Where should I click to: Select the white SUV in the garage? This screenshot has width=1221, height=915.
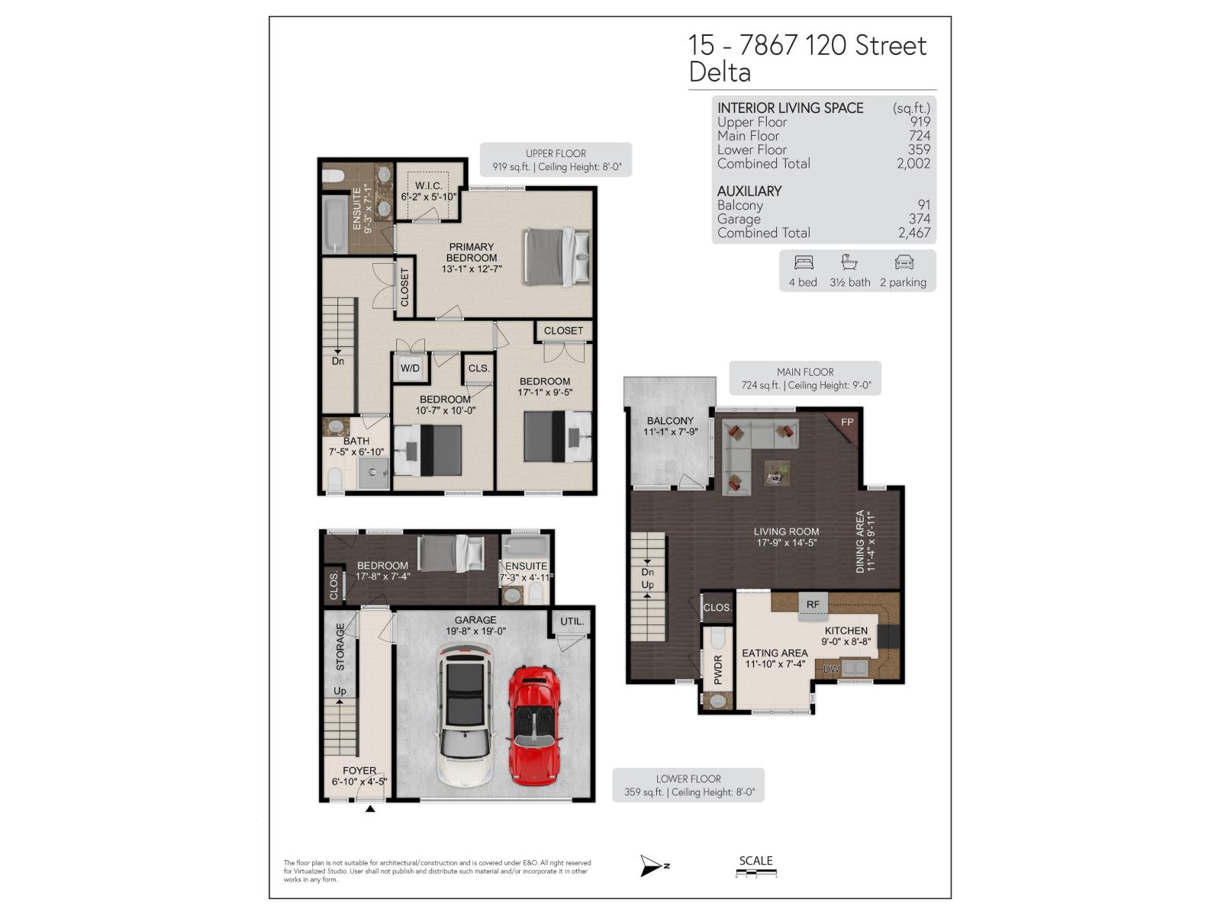[x=464, y=715]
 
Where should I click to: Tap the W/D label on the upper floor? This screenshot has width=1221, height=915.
[x=410, y=368]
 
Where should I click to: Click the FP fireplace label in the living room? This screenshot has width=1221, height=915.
[x=847, y=422]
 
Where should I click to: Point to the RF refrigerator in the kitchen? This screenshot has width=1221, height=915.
[x=813, y=605]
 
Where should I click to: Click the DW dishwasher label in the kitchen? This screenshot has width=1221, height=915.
[x=831, y=669]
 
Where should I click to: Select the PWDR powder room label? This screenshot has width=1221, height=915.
[x=718, y=669]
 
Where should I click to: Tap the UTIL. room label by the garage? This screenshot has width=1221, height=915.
[x=572, y=621]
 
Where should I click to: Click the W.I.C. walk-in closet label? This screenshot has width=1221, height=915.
[x=429, y=186]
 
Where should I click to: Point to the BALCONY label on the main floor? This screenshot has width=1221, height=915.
[x=670, y=421]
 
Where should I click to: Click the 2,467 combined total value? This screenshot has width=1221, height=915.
[x=914, y=233]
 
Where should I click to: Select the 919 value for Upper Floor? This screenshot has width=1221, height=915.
[x=920, y=122]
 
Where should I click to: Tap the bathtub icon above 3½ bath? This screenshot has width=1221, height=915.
[x=849, y=263]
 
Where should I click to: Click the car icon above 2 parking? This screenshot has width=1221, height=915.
[x=904, y=263]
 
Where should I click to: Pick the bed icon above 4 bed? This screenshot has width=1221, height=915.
[x=804, y=263]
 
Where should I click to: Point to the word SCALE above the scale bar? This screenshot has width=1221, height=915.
[x=755, y=861]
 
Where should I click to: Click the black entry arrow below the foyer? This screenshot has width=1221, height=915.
[x=370, y=808]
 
